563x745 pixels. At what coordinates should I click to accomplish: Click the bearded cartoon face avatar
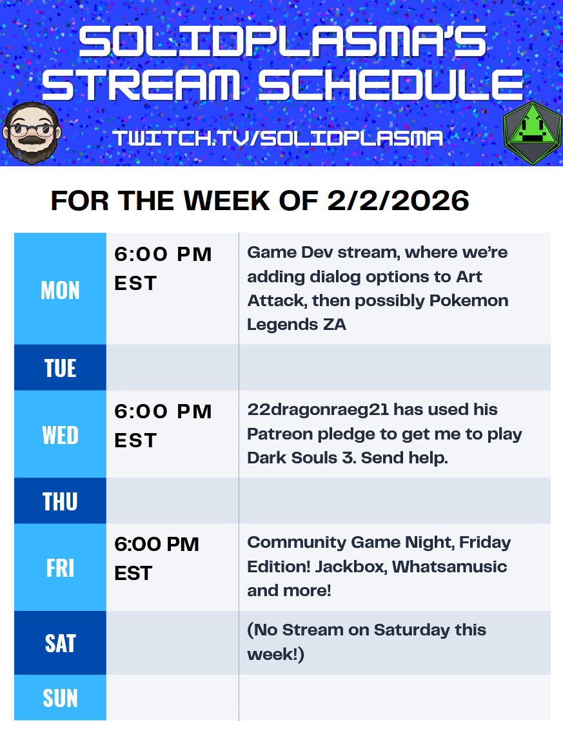[32, 133]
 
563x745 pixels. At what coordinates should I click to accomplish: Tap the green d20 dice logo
[533, 133]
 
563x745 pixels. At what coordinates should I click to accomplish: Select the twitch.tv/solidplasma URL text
[278, 139]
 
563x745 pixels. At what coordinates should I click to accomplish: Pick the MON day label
[60, 290]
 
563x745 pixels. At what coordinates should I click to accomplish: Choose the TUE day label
[60, 368]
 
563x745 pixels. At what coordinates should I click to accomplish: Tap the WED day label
[60, 435]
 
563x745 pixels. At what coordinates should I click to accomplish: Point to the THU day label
[60, 501]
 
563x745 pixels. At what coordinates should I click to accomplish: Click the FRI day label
[60, 568]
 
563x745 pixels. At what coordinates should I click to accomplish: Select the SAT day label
[60, 643]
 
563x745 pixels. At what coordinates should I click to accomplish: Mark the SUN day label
[60, 698]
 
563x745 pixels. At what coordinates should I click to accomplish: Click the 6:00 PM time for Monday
[163, 254]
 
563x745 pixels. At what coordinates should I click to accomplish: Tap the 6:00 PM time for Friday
[157, 545]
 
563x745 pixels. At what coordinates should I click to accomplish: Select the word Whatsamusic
[449, 567]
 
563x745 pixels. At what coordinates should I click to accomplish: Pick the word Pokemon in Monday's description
[469, 301]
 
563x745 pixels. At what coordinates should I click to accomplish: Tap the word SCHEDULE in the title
[390, 84]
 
